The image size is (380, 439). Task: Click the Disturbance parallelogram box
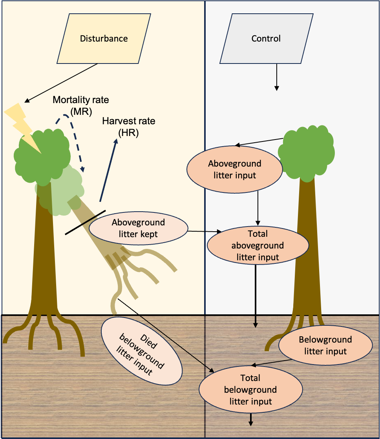coord(104,39)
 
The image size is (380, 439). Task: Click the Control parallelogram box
coord(266,39)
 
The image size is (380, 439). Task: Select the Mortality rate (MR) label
coord(81,105)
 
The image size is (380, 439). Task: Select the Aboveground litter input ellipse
coord(235,169)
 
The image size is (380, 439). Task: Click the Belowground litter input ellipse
coord(325,345)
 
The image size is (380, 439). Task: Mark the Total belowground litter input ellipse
coord(250,390)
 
